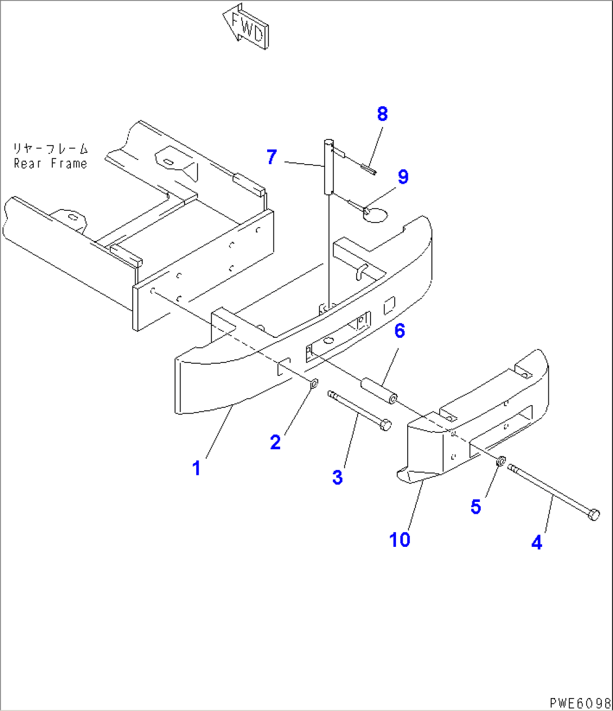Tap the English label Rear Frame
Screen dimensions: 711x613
point(51,164)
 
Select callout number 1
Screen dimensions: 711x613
point(196,468)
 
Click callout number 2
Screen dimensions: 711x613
point(275,442)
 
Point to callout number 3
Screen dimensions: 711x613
point(337,478)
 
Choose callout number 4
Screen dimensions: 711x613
point(537,543)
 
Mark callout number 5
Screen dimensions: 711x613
point(476,507)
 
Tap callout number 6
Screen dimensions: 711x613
point(399,331)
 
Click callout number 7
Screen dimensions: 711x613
point(272,157)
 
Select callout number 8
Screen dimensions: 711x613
point(382,114)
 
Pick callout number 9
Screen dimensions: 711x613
point(403,177)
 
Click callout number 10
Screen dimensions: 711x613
point(400,540)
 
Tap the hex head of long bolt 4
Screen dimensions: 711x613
point(593,514)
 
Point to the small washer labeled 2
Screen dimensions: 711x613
point(314,383)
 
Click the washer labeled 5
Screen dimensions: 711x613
point(500,461)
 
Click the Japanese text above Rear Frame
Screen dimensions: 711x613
point(51,149)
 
